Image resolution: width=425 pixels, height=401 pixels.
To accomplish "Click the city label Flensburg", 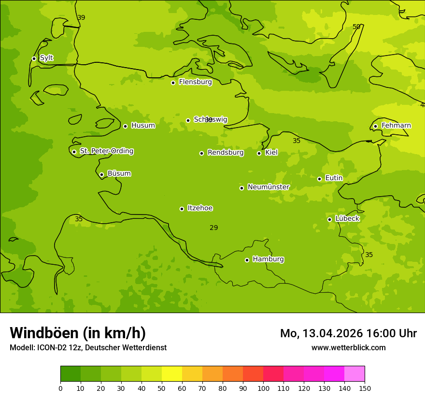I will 195,82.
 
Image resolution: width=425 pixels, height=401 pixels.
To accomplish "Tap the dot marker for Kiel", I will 259,153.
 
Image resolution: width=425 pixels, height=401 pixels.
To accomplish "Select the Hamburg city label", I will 268,259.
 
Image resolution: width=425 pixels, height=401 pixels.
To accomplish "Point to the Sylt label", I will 46,58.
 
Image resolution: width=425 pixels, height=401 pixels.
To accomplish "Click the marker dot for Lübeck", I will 329,219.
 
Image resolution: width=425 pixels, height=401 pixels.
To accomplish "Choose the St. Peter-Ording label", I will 106,151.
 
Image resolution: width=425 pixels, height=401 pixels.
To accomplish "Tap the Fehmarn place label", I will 396,126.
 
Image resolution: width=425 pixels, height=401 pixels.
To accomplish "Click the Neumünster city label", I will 268,187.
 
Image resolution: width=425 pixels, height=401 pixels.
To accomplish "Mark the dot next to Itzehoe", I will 182,209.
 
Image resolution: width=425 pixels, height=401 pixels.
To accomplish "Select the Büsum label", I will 119,173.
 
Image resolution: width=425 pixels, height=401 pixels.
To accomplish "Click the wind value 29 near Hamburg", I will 213,228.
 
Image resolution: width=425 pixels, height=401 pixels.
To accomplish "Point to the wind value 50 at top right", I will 356,27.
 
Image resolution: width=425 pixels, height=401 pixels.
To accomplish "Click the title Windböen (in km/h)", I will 78,333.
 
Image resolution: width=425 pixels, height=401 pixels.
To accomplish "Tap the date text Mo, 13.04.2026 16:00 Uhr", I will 348,333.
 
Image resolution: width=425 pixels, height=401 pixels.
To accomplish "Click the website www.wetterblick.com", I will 348,347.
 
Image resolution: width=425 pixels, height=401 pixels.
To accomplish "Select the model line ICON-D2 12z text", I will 88,347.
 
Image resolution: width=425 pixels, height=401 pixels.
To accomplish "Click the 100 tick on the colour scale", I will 263,388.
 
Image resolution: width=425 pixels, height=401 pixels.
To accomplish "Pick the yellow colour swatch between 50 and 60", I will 172,374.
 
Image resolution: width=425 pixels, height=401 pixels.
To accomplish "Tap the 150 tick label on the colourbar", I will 364,388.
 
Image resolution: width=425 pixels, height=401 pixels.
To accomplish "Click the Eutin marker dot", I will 319,179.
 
